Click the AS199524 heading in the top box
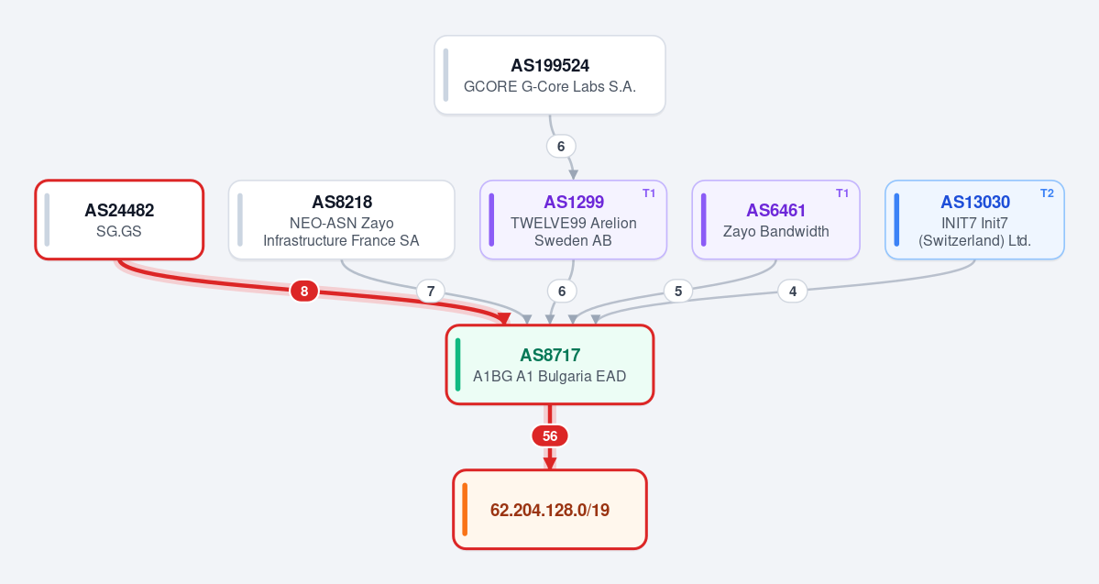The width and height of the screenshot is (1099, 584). click(550, 66)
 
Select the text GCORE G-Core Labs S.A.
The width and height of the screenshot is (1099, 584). click(550, 87)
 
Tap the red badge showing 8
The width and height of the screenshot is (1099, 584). click(304, 291)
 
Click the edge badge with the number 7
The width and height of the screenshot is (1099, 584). click(431, 291)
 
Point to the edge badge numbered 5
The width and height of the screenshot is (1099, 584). click(677, 291)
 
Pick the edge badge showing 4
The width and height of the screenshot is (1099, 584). click(793, 291)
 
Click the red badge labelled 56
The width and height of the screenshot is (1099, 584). click(550, 436)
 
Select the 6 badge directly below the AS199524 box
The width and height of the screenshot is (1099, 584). click(561, 147)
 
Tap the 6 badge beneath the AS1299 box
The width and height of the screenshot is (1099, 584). click(561, 291)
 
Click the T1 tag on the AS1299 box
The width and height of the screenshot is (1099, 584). click(649, 193)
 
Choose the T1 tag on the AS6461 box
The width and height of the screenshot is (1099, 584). click(842, 193)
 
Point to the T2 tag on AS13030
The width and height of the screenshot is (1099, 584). click(1047, 193)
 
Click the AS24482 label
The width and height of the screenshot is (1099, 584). click(119, 210)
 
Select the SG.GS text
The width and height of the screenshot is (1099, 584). click(119, 231)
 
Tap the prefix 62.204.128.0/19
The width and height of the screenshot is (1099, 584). click(550, 510)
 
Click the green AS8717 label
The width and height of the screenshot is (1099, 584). click(550, 356)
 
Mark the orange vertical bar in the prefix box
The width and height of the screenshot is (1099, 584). click(465, 510)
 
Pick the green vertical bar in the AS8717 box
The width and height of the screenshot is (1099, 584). click(457, 365)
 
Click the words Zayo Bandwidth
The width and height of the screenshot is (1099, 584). click(775, 231)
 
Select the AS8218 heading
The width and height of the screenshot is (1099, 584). click(342, 202)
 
